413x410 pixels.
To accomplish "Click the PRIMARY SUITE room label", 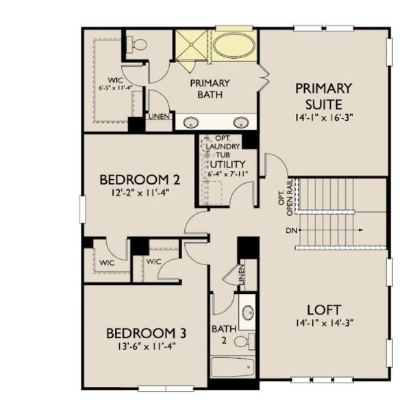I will [x=323, y=96].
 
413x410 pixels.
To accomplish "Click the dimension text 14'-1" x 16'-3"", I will [x=323, y=118].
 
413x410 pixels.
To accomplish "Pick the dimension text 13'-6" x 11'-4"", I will [x=146, y=346].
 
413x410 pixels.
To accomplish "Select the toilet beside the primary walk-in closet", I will [x=138, y=45].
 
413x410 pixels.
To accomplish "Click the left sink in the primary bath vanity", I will [x=192, y=122].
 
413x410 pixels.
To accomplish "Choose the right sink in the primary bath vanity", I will [x=240, y=122].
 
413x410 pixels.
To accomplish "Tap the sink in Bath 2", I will [x=247, y=314].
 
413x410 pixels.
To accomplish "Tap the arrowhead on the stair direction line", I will [x=362, y=230].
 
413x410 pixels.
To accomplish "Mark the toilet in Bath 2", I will [x=249, y=340].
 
